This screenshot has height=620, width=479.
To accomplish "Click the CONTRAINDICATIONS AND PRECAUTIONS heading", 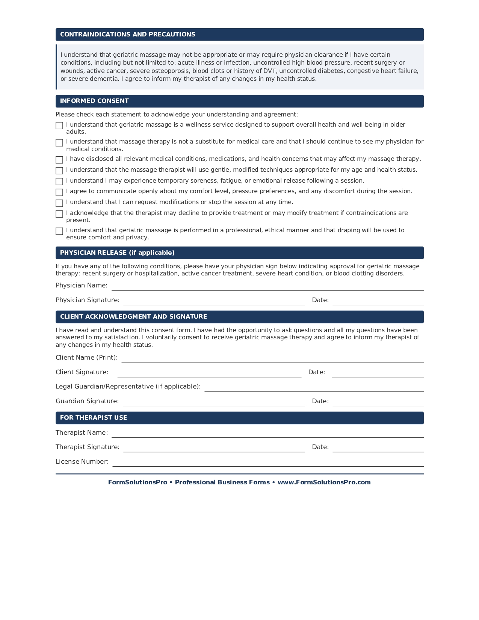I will click(x=127, y=34).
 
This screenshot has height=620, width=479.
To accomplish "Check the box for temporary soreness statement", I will click(x=59, y=181).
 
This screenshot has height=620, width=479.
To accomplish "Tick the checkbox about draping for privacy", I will click(x=59, y=231).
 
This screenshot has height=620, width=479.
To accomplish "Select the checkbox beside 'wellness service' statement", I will click(x=59, y=126).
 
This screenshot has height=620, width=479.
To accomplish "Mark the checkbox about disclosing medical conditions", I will click(x=59, y=160).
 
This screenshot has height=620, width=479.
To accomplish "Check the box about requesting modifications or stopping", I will click(x=59, y=203).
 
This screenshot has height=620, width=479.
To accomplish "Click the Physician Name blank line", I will click(x=267, y=287).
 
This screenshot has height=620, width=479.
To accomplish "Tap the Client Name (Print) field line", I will click(x=272, y=359).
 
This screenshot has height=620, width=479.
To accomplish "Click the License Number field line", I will click(x=267, y=463).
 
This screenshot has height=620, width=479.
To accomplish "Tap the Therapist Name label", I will click(x=82, y=433).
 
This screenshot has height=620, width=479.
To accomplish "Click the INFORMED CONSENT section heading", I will click(x=94, y=101).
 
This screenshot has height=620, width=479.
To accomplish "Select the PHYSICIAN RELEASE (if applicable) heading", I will click(x=117, y=253).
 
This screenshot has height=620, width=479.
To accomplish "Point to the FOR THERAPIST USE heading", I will click(x=94, y=417).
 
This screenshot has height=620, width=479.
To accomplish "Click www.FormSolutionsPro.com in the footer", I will click(x=324, y=482).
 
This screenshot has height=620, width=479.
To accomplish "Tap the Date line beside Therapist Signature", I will click(x=378, y=449).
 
